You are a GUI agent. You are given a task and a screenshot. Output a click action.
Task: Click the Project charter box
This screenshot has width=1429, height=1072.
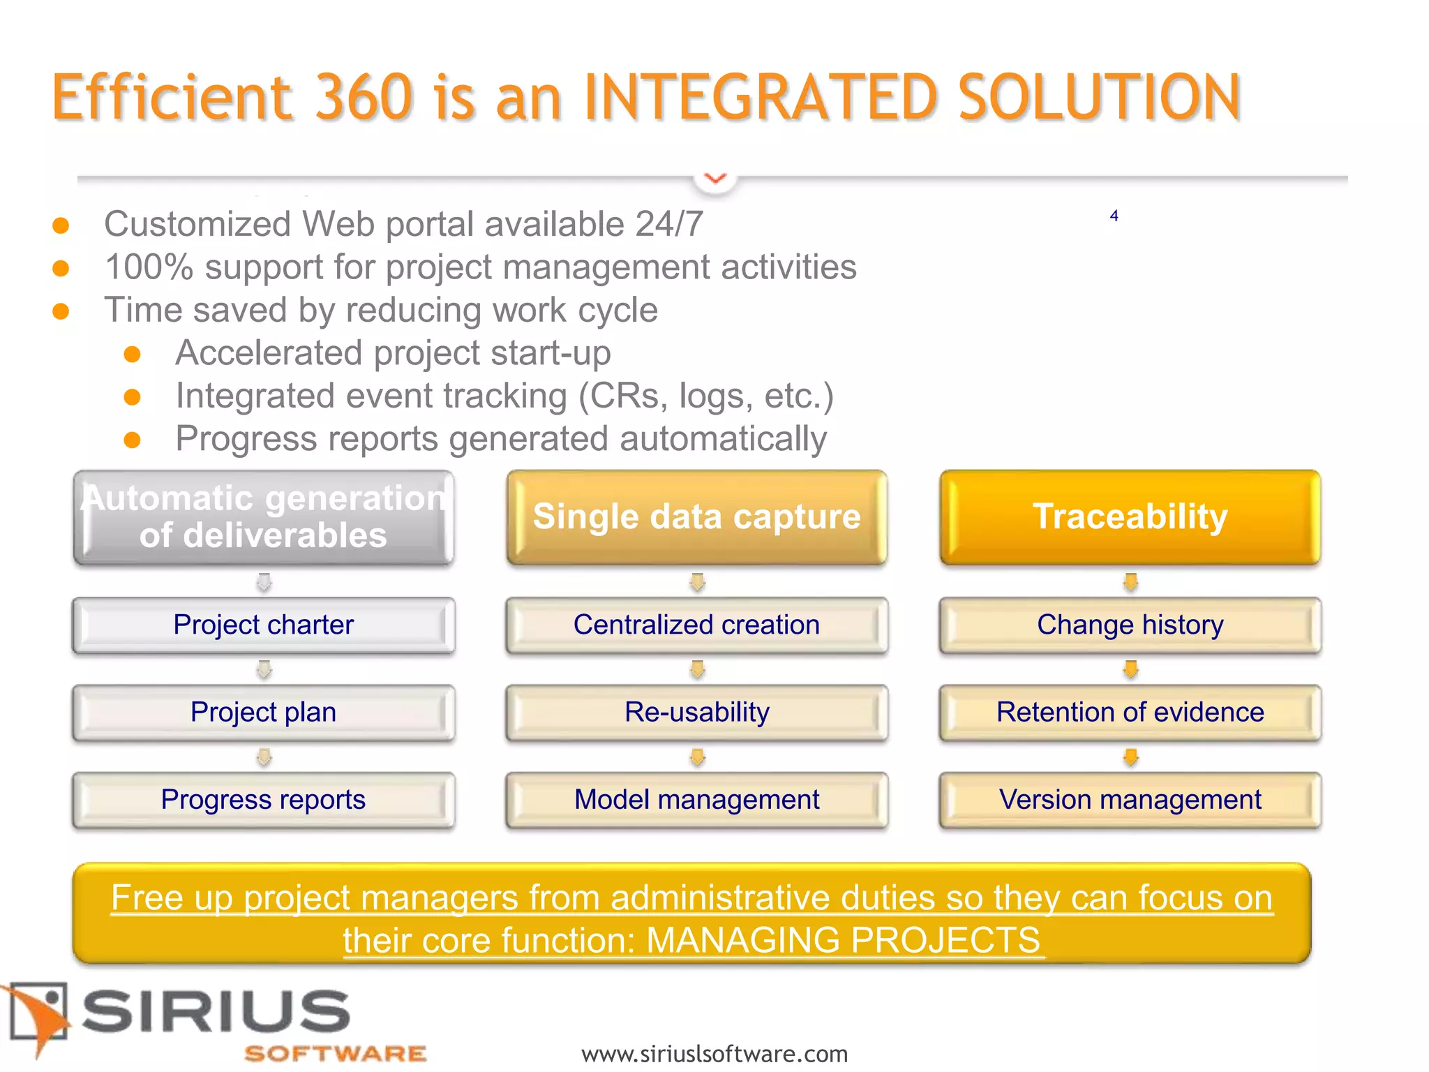click(x=264, y=625)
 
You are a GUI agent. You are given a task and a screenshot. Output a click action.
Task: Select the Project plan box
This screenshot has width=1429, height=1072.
click(x=264, y=713)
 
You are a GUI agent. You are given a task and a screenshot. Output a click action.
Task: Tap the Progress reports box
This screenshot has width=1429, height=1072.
click(x=264, y=800)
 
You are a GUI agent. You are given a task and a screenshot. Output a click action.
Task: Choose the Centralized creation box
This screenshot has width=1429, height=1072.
click(x=697, y=625)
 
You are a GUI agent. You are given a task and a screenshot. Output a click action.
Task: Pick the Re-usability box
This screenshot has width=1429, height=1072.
click(x=697, y=713)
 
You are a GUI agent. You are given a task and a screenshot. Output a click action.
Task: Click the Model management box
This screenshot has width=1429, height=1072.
click(x=697, y=800)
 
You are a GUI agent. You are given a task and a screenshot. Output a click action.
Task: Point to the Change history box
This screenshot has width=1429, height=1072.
click(x=1130, y=625)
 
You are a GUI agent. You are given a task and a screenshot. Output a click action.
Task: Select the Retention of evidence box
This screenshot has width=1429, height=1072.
click(x=1130, y=713)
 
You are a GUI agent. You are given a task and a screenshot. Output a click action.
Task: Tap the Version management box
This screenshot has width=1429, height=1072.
click(x=1130, y=800)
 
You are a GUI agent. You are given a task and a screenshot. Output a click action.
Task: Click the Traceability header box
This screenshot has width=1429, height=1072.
click(x=1130, y=517)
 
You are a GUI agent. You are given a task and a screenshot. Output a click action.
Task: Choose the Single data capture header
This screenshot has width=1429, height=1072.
click(x=697, y=517)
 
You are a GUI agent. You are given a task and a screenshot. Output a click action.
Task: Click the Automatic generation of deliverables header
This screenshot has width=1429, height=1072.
click(x=264, y=517)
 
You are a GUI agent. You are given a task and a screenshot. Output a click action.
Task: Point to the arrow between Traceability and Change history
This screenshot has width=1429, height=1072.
click(x=1131, y=582)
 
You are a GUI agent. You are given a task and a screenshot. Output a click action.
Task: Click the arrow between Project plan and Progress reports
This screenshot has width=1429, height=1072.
click(x=264, y=757)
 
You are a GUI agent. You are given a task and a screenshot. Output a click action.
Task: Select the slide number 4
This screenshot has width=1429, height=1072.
click(x=1114, y=216)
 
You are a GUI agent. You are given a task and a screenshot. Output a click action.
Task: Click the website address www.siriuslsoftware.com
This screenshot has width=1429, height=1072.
click(x=714, y=1053)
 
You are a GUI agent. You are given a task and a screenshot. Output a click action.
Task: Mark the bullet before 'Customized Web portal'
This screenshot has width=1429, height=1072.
click(x=61, y=225)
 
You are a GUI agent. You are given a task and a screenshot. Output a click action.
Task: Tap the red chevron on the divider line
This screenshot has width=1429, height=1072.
click(x=716, y=179)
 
